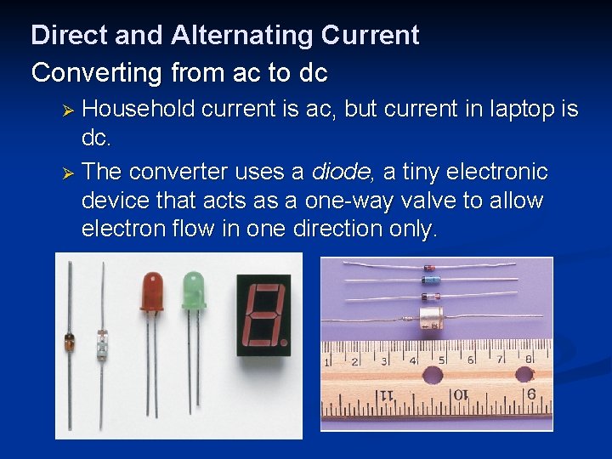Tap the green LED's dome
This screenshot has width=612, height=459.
coord(194,290)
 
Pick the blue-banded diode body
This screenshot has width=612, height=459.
coord(431,280)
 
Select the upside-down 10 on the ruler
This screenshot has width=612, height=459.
coord(458,395)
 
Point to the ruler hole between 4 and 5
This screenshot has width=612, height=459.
coord(433,375)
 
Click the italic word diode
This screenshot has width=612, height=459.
coord(341,172)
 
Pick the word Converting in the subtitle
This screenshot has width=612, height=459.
coord(95,73)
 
